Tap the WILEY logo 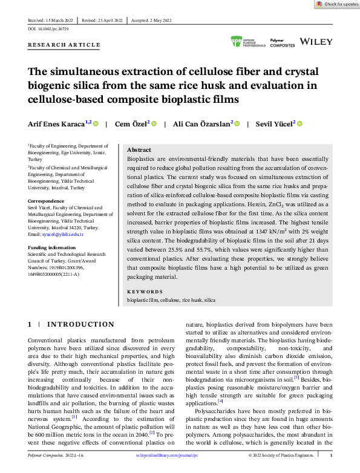316,42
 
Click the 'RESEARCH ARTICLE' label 64,45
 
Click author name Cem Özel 133,123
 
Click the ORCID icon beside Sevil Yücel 299,124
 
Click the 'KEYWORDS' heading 145,292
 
